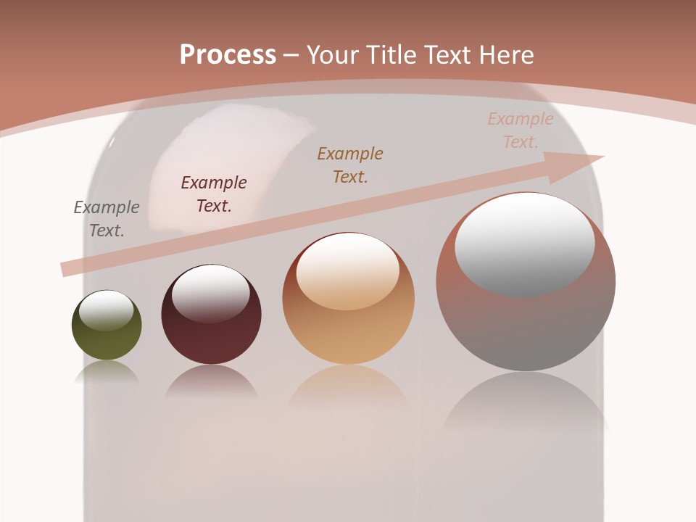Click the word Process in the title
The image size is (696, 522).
click(228, 55)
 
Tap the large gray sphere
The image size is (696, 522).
click(526, 319)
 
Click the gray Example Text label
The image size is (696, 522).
click(107, 219)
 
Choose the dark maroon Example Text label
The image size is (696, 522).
click(214, 194)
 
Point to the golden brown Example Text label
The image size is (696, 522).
click(350, 165)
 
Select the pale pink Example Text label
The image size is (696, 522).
click(520, 130)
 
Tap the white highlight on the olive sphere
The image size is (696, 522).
click(107, 310)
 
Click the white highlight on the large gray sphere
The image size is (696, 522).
click(525, 243)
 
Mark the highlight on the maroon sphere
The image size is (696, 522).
click(211, 292)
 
